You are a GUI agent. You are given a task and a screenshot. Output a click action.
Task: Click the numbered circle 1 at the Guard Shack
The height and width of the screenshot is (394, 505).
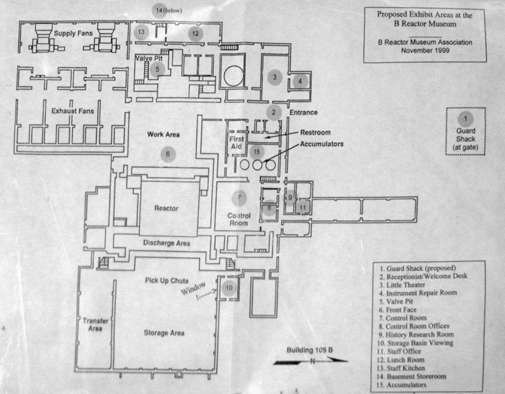pos(465,119)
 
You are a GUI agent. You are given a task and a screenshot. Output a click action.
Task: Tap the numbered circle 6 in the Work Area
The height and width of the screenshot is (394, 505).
pos(167,154)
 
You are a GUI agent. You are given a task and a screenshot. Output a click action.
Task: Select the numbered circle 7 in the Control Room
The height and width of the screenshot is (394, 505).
pos(239,196)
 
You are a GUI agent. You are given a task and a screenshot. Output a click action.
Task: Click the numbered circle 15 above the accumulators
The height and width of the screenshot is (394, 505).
pos(257,152)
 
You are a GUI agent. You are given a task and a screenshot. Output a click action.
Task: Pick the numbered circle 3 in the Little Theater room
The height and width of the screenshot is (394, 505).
pos(275,77)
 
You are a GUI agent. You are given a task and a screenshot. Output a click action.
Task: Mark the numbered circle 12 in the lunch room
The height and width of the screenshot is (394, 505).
pos(195,34)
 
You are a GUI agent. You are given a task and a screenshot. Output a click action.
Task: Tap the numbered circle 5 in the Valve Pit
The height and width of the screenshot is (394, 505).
pos(158,69)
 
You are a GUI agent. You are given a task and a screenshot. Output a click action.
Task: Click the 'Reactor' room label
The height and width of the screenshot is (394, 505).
pos(166,208)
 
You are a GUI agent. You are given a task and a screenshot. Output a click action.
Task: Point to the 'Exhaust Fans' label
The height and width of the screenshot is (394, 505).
pos(73,111)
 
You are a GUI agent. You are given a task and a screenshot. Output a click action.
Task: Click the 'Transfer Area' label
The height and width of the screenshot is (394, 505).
pos(95,324)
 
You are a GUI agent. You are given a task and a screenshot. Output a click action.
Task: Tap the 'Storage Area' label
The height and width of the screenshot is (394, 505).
pos(164,333)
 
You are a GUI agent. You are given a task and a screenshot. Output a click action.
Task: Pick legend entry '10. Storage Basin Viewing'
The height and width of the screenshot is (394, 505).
pos(419,342)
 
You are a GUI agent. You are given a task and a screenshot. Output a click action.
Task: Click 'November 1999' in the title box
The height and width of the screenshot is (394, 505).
pos(425,51)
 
